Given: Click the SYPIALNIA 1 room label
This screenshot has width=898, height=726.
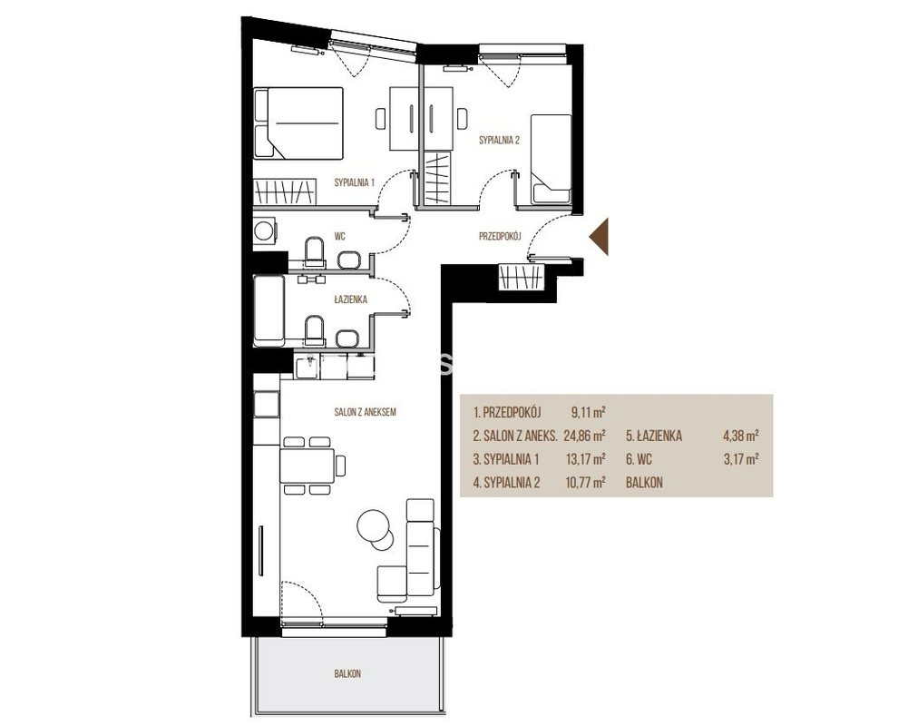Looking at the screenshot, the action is [354, 182].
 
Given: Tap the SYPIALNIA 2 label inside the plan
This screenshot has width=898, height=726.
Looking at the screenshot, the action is [500, 139].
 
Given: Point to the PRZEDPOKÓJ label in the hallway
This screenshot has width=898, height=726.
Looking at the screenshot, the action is [500, 236].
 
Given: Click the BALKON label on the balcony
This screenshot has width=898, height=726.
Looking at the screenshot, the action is [347, 674].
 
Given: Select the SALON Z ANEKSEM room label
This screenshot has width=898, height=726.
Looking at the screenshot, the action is [366, 411].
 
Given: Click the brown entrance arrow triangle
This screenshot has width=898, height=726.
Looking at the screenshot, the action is [599, 236].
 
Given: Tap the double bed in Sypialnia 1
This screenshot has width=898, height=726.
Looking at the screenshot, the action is [298, 123].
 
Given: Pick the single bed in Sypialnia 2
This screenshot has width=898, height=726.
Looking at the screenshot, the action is [551, 160].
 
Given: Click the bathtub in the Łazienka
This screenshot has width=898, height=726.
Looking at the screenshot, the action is [269, 311].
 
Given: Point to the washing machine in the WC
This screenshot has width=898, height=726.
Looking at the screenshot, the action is [265, 231].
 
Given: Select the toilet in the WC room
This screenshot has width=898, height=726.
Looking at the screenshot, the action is [315, 252].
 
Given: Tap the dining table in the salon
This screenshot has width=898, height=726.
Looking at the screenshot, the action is [307, 466].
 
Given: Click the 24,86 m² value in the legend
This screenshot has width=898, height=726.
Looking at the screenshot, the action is [585, 436].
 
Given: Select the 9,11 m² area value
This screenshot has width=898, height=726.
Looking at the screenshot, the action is [589, 411].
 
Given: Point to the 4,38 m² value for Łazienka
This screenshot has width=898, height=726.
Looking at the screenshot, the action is [741, 436].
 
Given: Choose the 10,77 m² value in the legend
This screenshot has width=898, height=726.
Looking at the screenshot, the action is [585, 483].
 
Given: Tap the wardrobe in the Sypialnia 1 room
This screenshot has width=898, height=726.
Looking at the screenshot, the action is [285, 191].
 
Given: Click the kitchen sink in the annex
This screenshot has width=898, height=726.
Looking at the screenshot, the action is [307, 366].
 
